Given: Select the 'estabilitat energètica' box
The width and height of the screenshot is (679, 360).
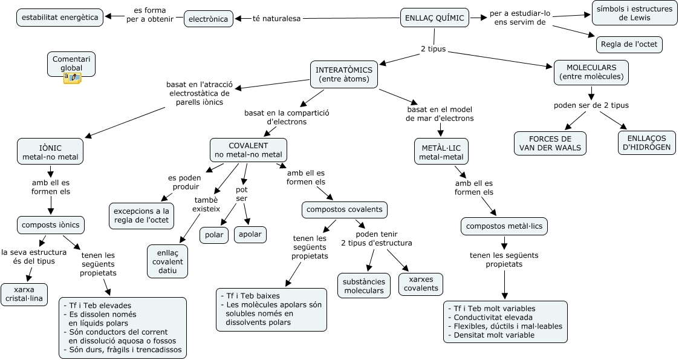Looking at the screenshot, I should pos(60,18).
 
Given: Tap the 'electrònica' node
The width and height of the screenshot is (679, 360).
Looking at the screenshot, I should pos(208,19).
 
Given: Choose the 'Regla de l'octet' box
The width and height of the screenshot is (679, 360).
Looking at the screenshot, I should pos(629,45).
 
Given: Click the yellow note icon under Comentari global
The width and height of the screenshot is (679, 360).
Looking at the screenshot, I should pos(72,77).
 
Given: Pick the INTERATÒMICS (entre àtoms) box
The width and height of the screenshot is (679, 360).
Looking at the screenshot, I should pos(345,74).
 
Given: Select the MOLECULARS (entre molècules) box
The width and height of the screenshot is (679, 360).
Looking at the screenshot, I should pos(591,72).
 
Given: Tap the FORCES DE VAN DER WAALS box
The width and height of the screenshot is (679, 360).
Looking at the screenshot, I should pos(550,143).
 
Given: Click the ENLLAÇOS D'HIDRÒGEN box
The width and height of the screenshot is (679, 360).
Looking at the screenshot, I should pos(647,143).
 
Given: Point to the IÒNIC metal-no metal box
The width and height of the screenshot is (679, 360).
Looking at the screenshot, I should pos(50,152).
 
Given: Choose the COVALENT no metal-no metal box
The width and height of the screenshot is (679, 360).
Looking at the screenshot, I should pos(249,150).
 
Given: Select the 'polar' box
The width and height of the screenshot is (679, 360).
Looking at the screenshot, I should pos(214,235).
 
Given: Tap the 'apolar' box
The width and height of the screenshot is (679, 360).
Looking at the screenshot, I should pos(250,235).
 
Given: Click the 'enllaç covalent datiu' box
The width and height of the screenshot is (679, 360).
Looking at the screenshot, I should pos(167,261).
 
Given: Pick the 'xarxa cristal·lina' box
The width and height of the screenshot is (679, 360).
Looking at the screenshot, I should pos(25,294).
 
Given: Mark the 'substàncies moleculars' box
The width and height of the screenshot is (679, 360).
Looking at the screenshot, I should pos(364,286).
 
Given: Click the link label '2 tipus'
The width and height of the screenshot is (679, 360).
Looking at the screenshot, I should pos(433,49).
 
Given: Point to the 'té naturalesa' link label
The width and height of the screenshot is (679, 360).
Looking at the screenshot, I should pos(276,19).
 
